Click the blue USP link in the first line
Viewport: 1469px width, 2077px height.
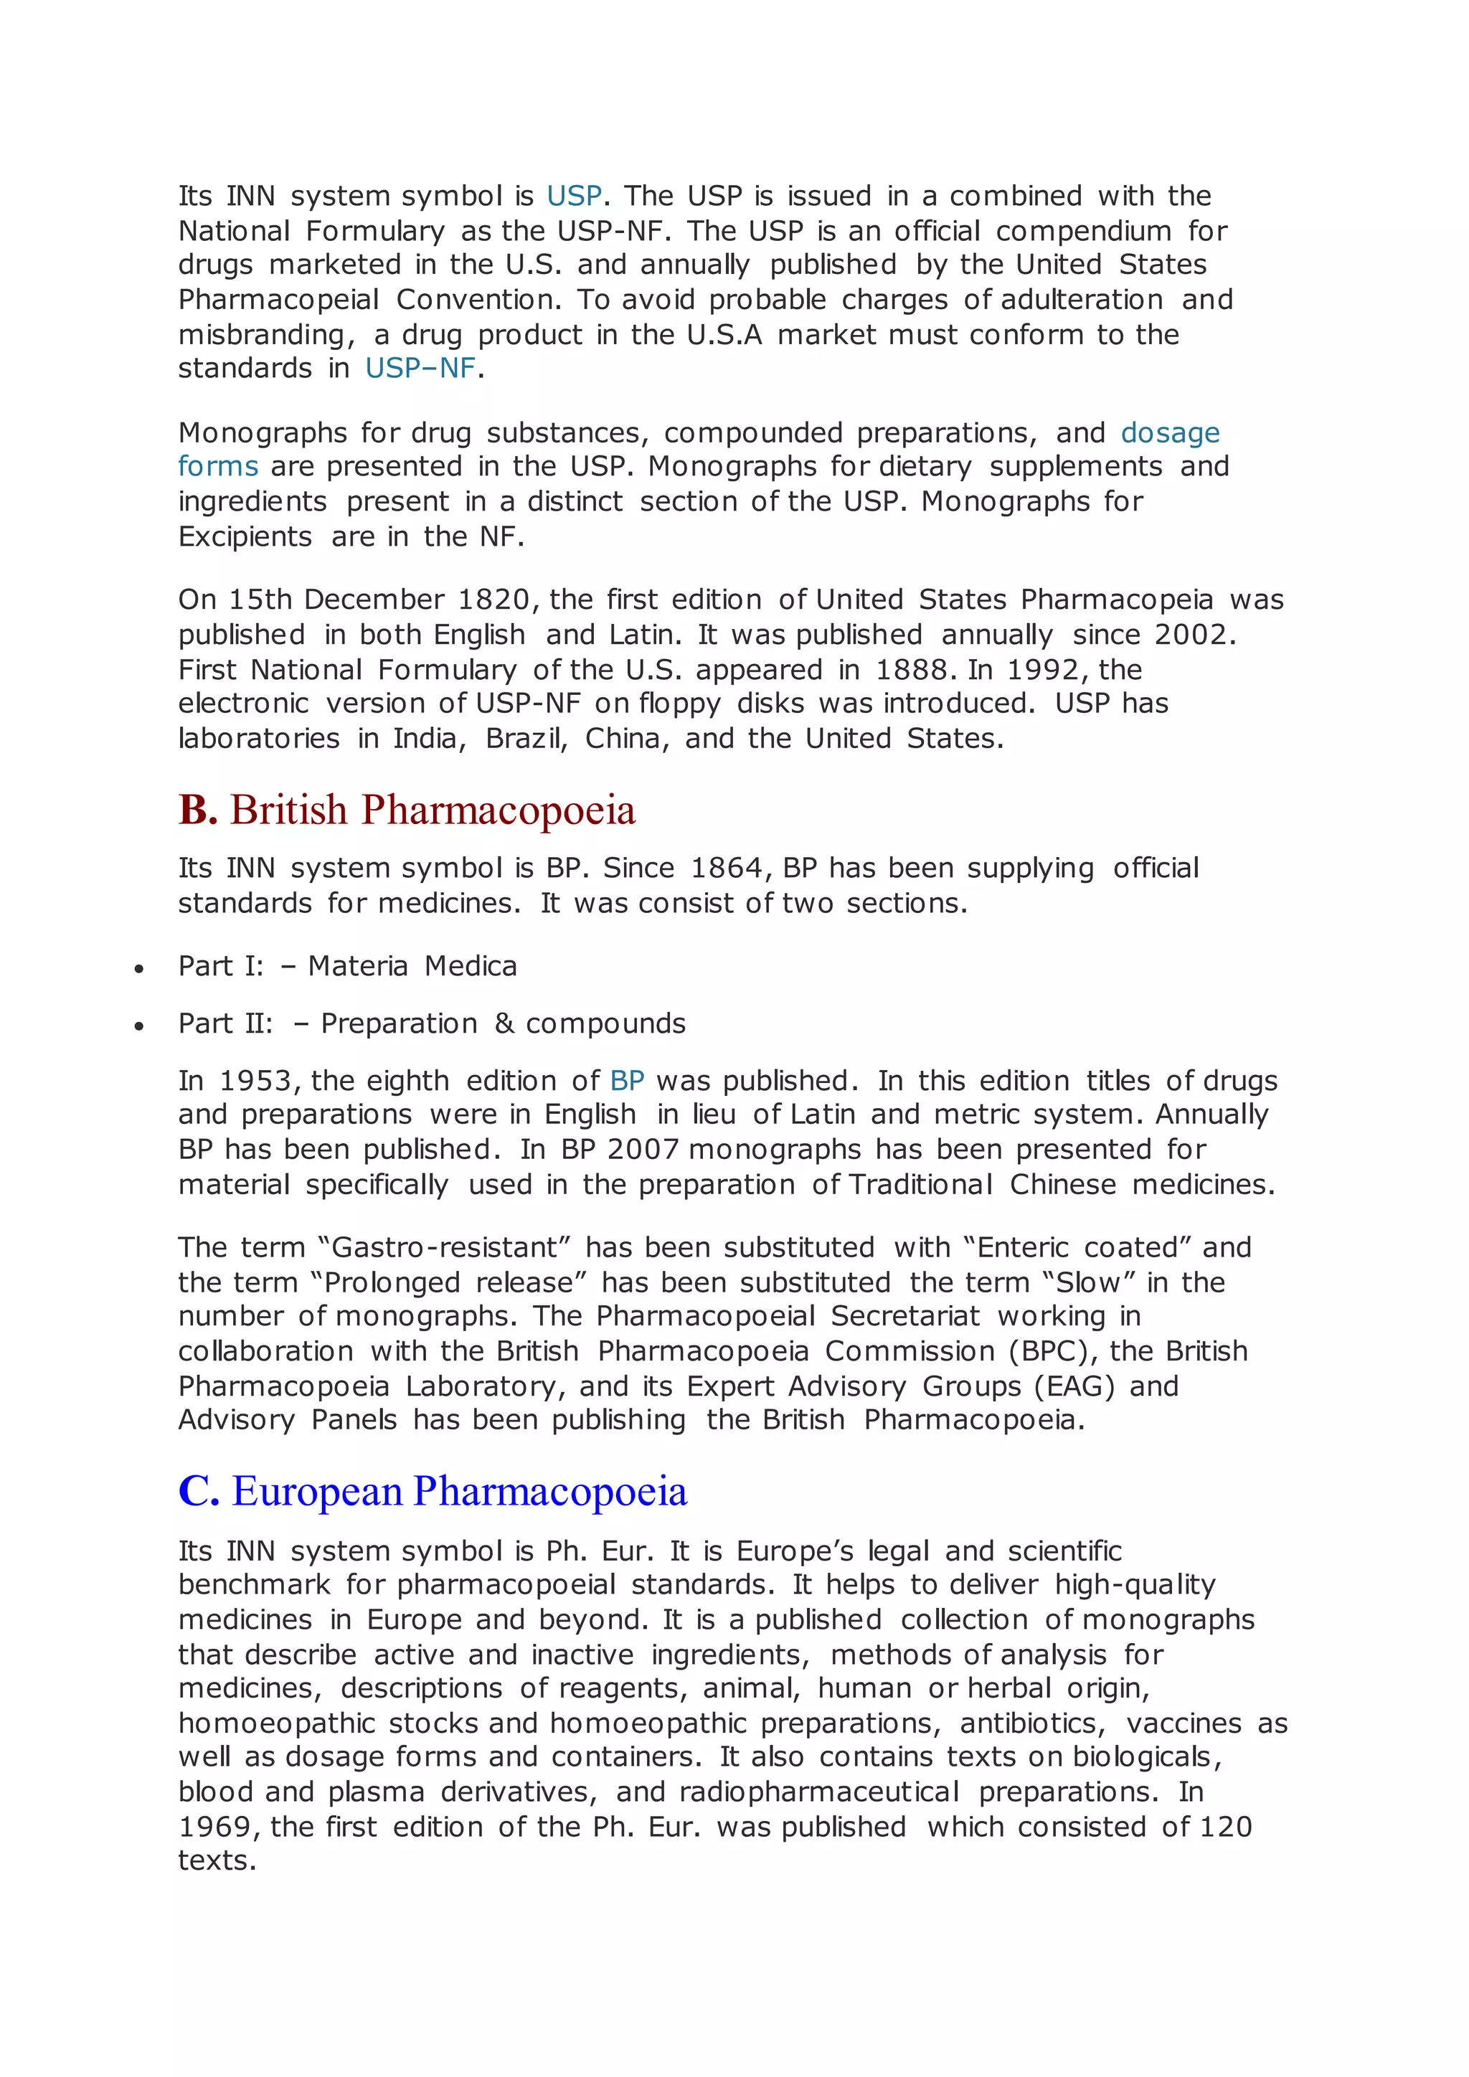pyautogui.click(x=575, y=197)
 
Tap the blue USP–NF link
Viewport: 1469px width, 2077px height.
pyautogui.click(x=420, y=368)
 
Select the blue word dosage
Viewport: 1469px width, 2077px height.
pyautogui.click(x=1170, y=433)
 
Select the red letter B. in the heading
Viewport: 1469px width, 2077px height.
pyautogui.click(x=197, y=810)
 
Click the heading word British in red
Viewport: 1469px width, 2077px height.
pyautogui.click(x=288, y=810)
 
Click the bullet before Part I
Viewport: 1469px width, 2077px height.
pyautogui.click(x=138, y=970)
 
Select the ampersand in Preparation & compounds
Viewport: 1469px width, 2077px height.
pyautogui.click(x=504, y=1024)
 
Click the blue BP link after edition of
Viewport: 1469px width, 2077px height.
pyautogui.click(x=627, y=1081)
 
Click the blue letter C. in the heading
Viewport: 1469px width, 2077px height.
pyautogui.click(x=199, y=1492)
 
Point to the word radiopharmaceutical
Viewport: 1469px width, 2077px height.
pyautogui.click(x=820, y=1792)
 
